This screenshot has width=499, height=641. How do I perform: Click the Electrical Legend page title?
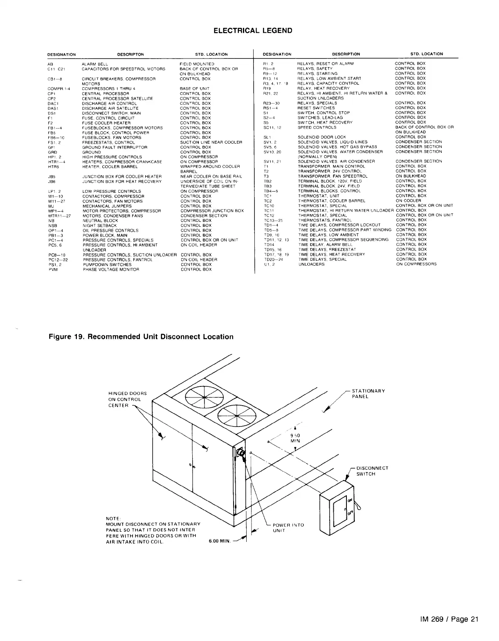(253, 31)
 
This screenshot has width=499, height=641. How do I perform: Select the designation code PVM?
(53, 270)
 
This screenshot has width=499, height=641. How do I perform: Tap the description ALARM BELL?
(95, 64)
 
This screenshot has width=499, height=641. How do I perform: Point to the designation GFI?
(52, 147)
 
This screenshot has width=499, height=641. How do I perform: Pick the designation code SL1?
(267, 137)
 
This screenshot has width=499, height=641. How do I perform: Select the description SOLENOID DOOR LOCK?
(322, 137)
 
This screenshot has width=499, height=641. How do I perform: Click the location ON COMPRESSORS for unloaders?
(416, 264)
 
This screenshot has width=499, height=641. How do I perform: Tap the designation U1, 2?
(270, 264)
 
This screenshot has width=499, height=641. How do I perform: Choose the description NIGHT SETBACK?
(100, 226)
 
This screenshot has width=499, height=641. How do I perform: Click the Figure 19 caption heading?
(141, 337)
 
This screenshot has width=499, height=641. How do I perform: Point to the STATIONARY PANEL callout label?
(368, 393)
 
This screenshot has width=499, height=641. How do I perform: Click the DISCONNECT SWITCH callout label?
(372, 471)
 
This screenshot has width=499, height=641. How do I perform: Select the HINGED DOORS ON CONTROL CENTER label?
(127, 399)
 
